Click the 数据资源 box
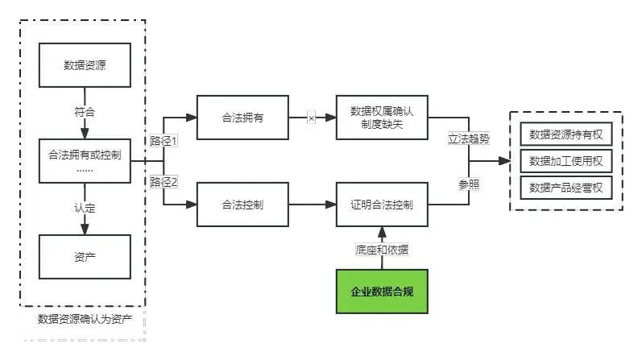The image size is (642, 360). coord(85,66)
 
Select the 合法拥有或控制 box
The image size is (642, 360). coord(85,159)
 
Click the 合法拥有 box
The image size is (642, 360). coord(243,118)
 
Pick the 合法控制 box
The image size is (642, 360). coord(243,205)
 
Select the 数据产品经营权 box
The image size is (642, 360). coord(566,188)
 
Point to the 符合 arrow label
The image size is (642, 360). coord(85,112)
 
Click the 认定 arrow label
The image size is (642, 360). coord(85,209)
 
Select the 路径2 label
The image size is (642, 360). coord(164,182)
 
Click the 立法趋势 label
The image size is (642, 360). coord(469,139)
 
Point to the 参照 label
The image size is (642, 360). coord(469,184)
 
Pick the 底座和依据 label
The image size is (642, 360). coord(382,250)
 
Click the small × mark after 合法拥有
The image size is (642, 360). coord(311,118)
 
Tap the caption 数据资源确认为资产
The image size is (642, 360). coord(85,318)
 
